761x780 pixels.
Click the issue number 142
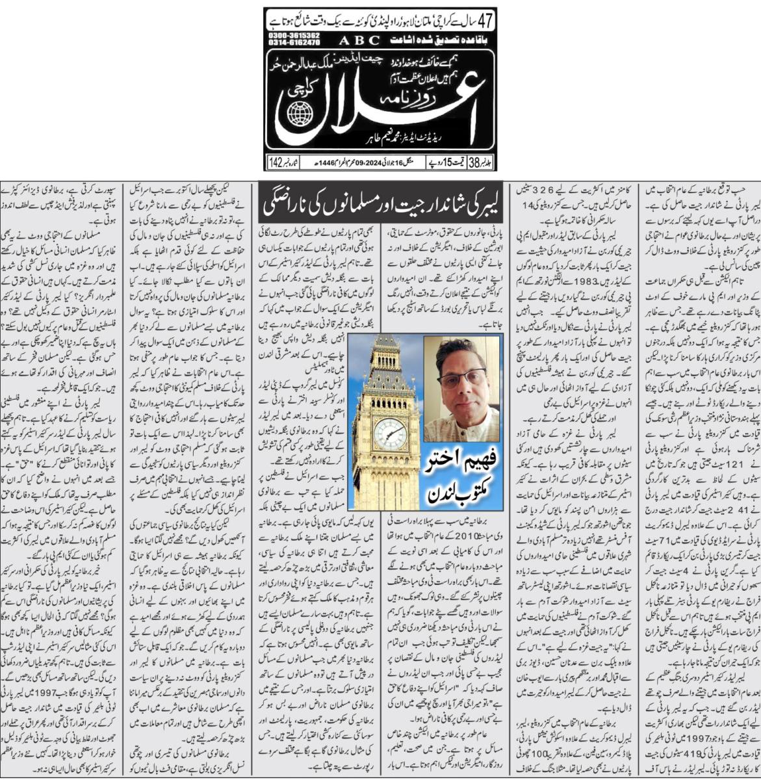tap(276, 162)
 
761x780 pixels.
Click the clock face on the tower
tap(389, 433)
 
